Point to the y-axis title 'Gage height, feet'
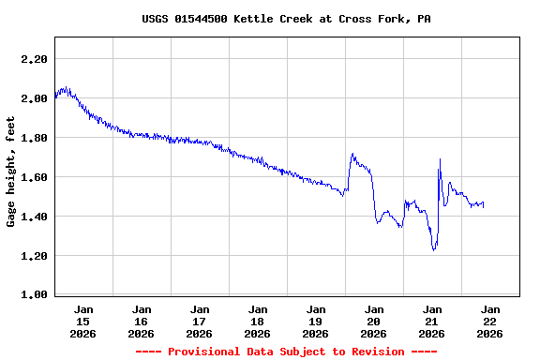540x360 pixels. pos(11,172)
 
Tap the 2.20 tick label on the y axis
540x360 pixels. pos(34,59)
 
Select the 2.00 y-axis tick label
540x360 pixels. pos(34,98)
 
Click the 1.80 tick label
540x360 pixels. pos(34,138)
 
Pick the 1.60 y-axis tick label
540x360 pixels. pos(34,177)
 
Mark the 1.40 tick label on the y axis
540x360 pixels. pos(34,217)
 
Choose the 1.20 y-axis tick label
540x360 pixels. pos(34,256)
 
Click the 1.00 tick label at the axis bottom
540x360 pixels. pos(34,295)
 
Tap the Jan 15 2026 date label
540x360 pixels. pos(83,321)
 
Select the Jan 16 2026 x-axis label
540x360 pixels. pos(142,321)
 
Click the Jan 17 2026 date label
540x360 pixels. pos(200,321)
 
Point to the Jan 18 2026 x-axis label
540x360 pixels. pos(258,321)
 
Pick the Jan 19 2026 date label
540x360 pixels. pos(316,321)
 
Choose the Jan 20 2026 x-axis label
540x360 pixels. pos(374,321)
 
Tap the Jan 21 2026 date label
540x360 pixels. pos(432,321)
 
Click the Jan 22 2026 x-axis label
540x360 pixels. pos(490,321)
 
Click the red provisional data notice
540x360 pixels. pos(287,352)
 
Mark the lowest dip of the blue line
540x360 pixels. pos(434,250)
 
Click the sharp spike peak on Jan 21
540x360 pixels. pos(440,159)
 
